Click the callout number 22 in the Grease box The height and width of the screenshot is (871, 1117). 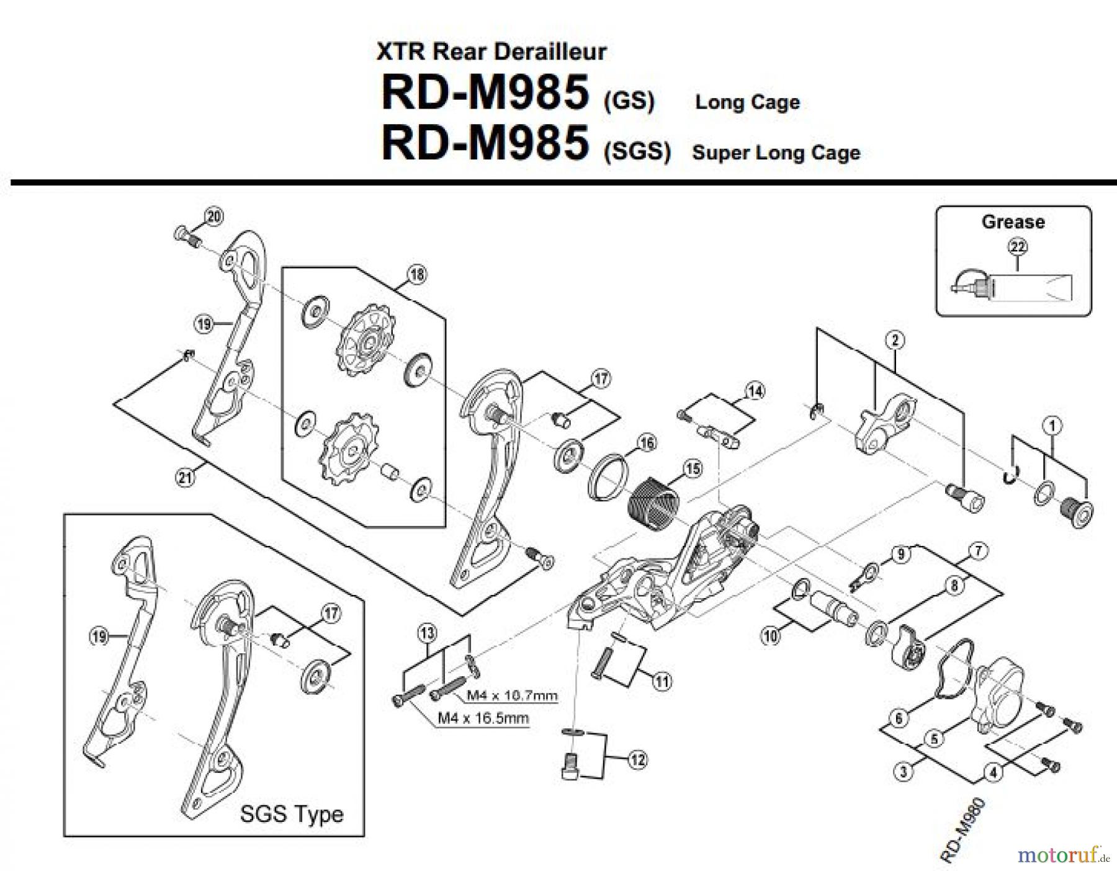[x=1018, y=247]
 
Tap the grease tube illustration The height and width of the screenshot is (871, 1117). [x=1018, y=289]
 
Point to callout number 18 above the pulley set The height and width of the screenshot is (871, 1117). [x=417, y=275]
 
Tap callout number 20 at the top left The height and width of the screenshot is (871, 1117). [x=214, y=217]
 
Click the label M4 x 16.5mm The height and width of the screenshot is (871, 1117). [x=483, y=718]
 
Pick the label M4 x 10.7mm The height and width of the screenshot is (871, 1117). [x=512, y=695]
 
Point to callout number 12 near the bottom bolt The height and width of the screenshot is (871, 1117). [x=637, y=759]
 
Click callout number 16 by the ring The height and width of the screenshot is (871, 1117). [x=647, y=443]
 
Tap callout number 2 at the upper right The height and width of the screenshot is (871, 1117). [x=895, y=340]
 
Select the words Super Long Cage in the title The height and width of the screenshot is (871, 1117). [x=776, y=153]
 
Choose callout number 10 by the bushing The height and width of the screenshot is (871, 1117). [x=771, y=636]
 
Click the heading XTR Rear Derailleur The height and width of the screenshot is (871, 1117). [x=491, y=51]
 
